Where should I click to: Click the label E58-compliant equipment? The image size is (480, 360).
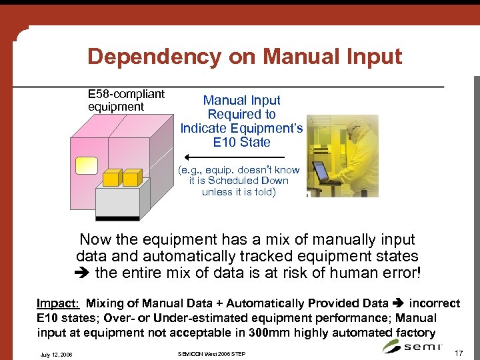pos(126,100)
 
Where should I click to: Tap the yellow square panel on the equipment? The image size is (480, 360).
pos(87,165)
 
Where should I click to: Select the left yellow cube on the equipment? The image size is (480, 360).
pos(113,177)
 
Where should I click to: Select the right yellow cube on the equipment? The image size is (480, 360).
pos(133,177)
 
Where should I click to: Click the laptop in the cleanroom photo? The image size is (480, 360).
pos(323,172)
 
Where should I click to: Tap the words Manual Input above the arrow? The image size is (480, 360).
pos(241,101)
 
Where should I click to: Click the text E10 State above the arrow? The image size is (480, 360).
pos(241,142)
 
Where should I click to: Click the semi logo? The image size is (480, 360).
pos(413,345)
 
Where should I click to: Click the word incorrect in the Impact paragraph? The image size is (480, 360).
pos(434,303)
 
